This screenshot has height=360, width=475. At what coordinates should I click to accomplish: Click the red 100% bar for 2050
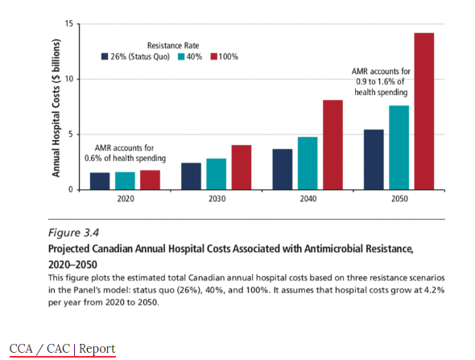click(423, 111)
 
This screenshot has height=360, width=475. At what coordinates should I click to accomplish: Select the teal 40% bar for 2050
click(399, 147)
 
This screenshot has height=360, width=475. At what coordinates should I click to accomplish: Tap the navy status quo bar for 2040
click(283, 169)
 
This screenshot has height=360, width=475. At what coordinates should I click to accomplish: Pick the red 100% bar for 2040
click(332, 145)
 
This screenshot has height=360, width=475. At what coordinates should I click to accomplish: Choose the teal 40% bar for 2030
click(216, 174)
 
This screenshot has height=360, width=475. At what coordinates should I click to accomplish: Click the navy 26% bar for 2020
click(100, 181)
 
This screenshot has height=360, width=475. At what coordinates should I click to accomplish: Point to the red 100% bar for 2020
click(150, 180)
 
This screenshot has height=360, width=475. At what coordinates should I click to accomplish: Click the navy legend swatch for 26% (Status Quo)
click(105, 56)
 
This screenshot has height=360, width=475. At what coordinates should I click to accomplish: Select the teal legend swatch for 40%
click(181, 56)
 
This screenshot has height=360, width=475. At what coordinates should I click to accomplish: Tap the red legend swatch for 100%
click(214, 56)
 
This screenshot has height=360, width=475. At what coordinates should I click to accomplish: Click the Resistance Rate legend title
click(173, 45)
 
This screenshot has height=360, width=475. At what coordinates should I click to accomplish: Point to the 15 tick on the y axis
click(69, 23)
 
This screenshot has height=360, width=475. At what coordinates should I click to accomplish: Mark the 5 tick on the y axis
click(71, 134)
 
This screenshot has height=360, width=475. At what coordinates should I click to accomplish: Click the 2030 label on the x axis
click(217, 199)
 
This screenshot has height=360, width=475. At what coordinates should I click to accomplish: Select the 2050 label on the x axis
click(399, 199)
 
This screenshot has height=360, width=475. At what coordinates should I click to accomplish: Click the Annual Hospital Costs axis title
click(56, 108)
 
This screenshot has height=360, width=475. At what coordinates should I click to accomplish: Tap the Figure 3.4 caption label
click(73, 233)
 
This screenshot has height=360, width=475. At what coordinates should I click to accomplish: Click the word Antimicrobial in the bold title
click(333, 249)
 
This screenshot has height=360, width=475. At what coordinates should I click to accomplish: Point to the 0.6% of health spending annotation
click(125, 159)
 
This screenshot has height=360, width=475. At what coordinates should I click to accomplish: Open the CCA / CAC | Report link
click(63, 349)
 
